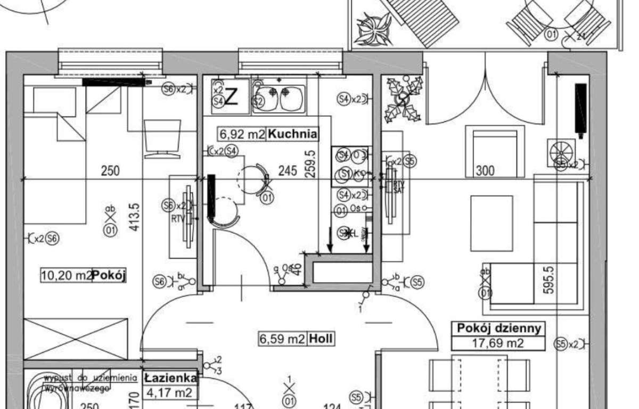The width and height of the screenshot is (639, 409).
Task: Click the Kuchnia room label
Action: point(293,134)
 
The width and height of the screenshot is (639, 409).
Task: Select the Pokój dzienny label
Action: point(498,328)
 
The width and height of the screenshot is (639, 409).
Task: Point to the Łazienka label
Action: point(170,379)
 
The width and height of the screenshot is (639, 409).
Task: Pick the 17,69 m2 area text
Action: point(498,343)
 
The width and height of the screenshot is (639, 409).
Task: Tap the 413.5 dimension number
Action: point(135,215)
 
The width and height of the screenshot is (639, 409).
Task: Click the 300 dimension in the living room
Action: point(485,171)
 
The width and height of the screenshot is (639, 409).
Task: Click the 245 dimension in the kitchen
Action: point(288,171)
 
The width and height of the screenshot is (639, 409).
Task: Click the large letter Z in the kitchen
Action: point(232,97)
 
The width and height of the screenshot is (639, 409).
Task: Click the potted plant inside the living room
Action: point(405,99)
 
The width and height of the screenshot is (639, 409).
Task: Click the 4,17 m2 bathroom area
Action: point(170,394)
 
